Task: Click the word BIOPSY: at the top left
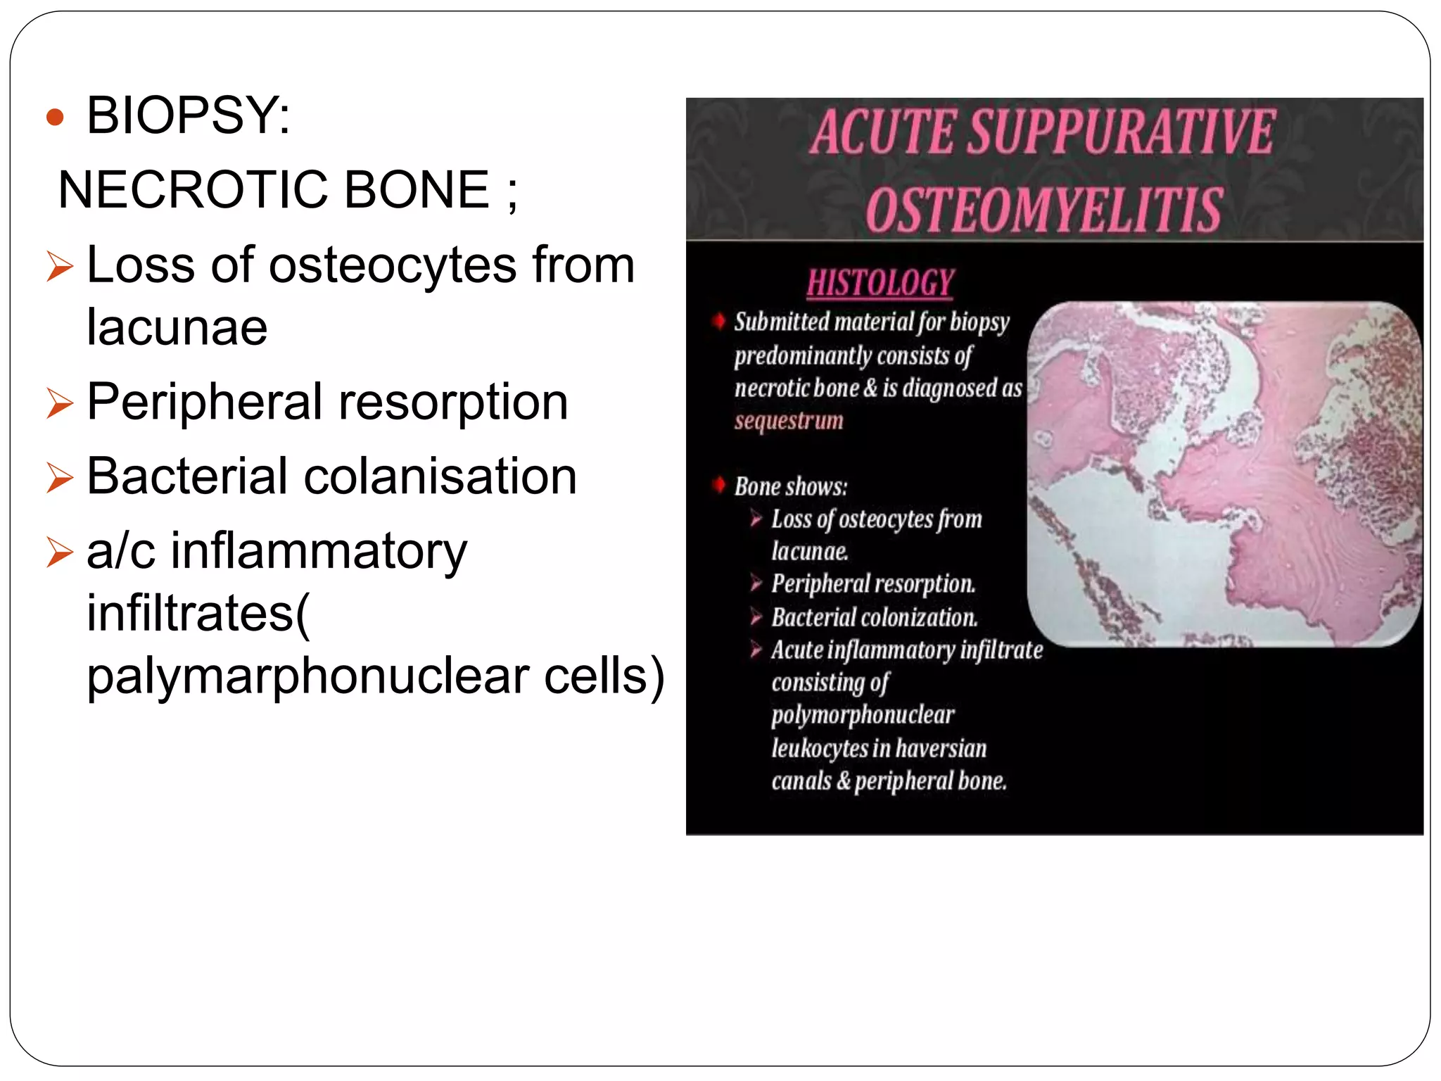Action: pos(188,116)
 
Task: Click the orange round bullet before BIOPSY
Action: pos(55,117)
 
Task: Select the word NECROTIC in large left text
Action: pos(193,190)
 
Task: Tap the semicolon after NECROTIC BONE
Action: pos(512,191)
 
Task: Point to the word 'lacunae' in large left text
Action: pos(177,327)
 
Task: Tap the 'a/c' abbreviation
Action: pos(120,551)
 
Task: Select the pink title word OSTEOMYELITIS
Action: pos(1044,210)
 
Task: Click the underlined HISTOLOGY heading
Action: pos(880,283)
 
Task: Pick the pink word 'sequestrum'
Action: pos(789,421)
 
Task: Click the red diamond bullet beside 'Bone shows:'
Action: pos(718,485)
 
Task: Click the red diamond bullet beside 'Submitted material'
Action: pos(718,322)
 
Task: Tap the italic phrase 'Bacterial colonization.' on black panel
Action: pos(875,618)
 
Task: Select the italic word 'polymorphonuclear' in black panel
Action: pos(863,715)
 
